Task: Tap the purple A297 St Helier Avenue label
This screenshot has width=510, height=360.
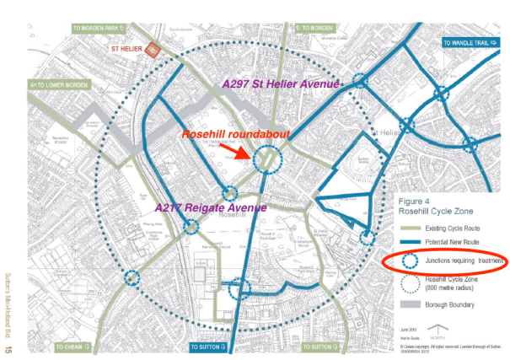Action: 281,84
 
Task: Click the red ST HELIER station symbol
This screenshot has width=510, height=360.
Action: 154,49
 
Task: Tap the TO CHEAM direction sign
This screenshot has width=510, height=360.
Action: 75,347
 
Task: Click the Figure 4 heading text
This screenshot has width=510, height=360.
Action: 416,202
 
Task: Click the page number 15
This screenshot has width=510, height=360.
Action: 10,348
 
